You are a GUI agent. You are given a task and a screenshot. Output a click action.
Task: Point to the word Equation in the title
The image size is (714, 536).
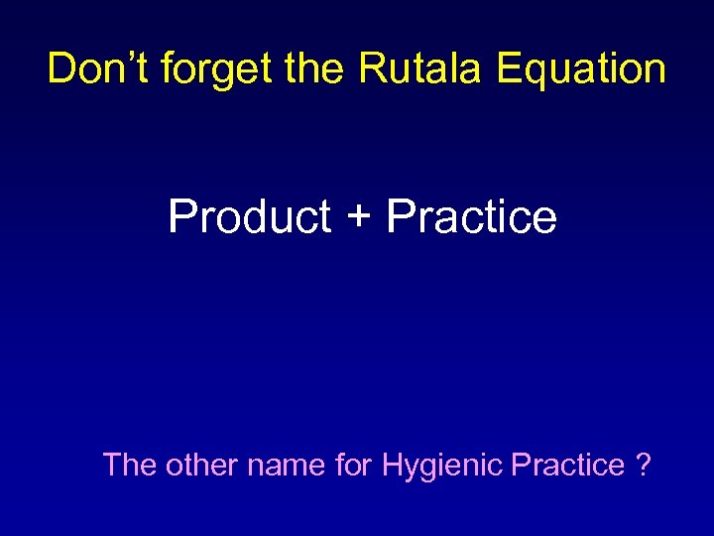tap(581, 69)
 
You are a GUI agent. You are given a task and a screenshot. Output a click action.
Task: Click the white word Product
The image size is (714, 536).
tap(250, 215)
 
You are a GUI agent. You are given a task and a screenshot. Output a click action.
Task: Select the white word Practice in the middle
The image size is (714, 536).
tap(472, 215)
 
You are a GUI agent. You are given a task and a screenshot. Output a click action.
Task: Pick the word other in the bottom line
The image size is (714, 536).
tap(200, 464)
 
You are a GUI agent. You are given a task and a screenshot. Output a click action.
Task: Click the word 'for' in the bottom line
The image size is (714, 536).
tap(354, 464)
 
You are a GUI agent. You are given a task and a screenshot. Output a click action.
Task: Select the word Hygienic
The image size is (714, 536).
tap(442, 466)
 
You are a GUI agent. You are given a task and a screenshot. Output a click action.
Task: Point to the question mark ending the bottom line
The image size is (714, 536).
tap(645, 464)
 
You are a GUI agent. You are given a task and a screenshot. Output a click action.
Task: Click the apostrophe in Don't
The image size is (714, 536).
tap(124, 58)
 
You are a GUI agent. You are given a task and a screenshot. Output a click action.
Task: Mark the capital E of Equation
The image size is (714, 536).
tap(509, 68)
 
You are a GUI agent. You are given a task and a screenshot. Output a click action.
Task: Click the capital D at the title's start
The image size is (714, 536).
tap(61, 68)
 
